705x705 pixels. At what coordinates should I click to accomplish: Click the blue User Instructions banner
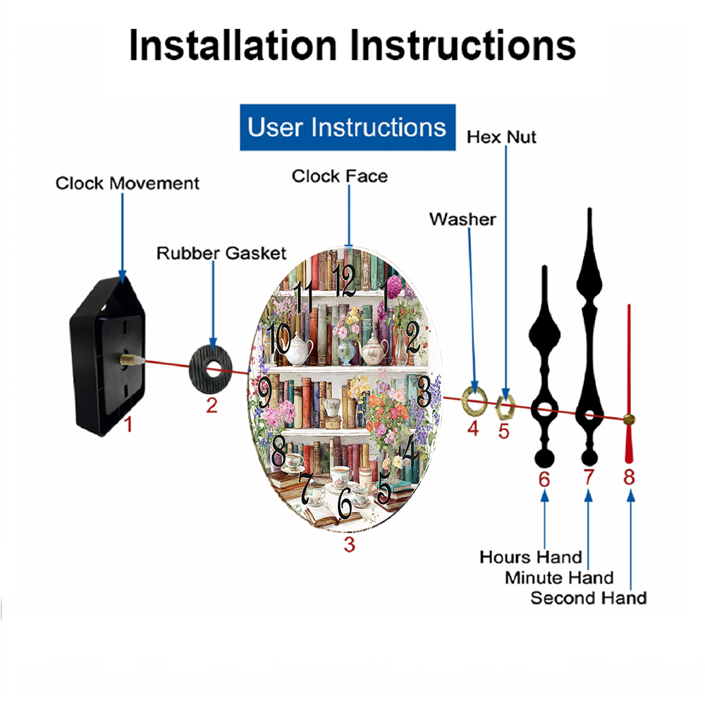(348, 128)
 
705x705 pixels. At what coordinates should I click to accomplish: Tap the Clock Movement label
(128, 183)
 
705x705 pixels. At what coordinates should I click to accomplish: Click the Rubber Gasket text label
(221, 252)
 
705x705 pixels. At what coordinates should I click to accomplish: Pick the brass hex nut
(505, 405)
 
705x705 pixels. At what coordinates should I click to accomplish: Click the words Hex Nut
(501, 137)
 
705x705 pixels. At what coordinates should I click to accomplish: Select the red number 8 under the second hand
(629, 477)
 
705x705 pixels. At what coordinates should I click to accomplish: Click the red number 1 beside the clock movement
(128, 424)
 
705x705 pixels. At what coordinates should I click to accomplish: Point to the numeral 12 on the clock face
(345, 281)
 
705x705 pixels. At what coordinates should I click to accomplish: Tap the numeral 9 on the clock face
(264, 392)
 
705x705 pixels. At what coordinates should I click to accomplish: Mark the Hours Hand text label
(531, 557)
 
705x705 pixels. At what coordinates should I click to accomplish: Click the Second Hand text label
(588, 598)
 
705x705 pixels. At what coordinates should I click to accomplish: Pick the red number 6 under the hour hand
(544, 479)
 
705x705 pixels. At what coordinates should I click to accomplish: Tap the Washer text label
(462, 219)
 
